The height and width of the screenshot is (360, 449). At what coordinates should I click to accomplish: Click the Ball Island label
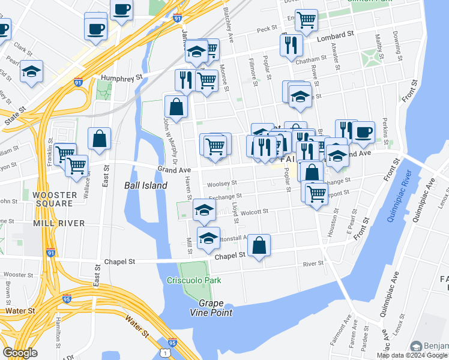coord(146,185)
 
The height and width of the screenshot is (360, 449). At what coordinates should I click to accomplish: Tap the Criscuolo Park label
coord(194,280)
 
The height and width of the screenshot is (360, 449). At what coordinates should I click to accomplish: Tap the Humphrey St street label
coord(121,77)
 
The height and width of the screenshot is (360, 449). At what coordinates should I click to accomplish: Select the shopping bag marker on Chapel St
coord(259,245)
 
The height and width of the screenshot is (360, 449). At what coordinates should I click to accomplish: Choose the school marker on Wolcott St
coord(204,210)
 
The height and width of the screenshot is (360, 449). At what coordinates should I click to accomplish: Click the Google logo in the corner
coord(20,353)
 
